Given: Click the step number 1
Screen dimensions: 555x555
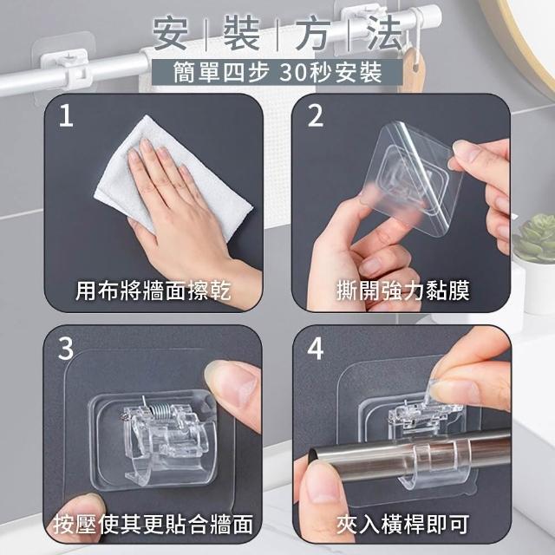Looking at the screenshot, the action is coord(66,115).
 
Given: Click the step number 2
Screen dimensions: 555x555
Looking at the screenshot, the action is coord(315,115).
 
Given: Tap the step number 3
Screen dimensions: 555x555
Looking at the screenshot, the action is coord(66,349).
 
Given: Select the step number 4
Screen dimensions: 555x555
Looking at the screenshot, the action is coord(315,349).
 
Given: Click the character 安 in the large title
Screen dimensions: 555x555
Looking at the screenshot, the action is coord(170,34).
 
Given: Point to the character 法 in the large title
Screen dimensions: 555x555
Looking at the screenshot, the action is coord(384,34).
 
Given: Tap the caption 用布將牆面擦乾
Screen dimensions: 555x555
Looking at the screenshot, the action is coord(153,291).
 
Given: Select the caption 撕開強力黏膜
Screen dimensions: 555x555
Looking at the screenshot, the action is coord(402,291).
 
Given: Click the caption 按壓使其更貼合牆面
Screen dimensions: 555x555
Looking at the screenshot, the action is coord(153,524).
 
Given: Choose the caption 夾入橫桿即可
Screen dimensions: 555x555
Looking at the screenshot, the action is coord(402,524).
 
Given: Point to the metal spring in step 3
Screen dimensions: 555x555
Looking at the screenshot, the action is coord(158,410).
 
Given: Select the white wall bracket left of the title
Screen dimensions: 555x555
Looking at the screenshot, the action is coord(65,66).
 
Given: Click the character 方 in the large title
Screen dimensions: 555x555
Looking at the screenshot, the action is coord(313,34).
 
